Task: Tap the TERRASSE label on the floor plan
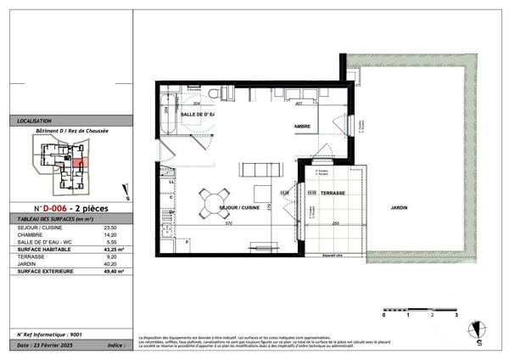click(x=333, y=193)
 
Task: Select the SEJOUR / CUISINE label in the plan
click(x=239, y=207)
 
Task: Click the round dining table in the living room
click(x=212, y=201)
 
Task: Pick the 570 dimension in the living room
click(x=229, y=223)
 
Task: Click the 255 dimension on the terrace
click(x=336, y=223)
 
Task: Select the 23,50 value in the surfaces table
click(x=109, y=228)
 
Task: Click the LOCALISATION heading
click(x=35, y=121)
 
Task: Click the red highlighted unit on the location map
click(x=77, y=162)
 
